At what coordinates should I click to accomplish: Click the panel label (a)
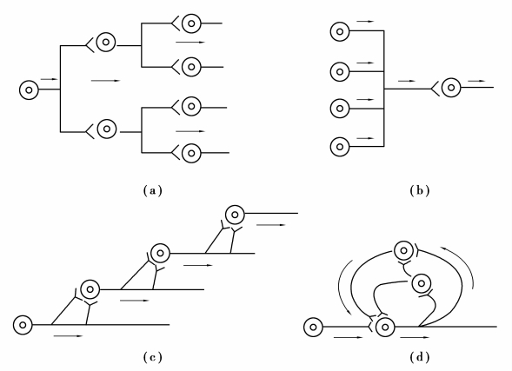152,190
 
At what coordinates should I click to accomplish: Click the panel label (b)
420,190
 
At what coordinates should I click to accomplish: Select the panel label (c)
152,357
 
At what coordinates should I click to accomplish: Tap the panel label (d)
420,357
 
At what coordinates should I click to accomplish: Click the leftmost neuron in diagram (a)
29,90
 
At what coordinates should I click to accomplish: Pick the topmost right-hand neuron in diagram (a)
191,23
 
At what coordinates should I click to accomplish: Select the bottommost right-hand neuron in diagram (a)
191,153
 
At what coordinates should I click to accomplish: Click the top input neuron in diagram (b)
340,31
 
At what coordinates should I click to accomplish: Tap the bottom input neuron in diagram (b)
340,147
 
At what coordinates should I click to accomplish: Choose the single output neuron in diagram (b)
451,88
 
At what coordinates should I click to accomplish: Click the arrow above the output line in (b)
476,81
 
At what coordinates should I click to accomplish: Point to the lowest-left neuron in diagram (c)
23,325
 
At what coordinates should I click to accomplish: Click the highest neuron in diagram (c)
235,215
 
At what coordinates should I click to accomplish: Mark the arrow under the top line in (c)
271,225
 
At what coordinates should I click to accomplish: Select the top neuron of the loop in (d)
404,250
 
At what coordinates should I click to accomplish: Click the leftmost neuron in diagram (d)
313,327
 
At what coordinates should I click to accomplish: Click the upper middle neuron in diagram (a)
106,42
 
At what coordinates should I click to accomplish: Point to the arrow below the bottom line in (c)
69,335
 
